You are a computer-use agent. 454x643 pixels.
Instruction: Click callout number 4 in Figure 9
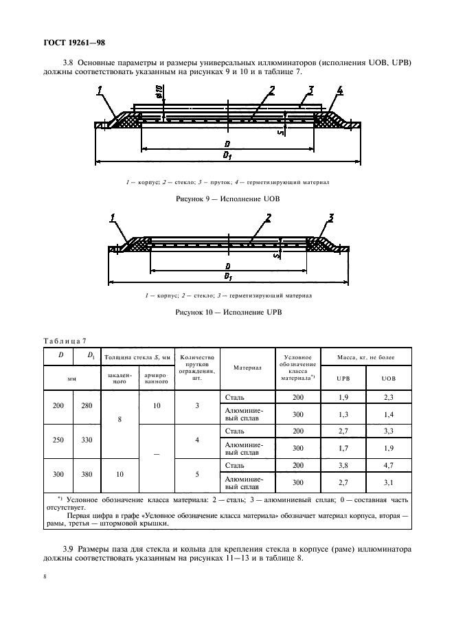[x=340, y=90]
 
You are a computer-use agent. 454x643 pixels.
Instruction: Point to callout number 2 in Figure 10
[x=269, y=219]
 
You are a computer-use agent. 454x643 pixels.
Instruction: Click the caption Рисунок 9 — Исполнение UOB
[x=228, y=198]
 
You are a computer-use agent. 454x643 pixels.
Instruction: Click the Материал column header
[x=247, y=368]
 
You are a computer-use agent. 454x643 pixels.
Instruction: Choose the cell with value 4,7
[x=389, y=465]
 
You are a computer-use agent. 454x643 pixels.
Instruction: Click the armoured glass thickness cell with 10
[x=157, y=405]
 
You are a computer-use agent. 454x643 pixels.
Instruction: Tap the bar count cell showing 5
[x=197, y=474]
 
